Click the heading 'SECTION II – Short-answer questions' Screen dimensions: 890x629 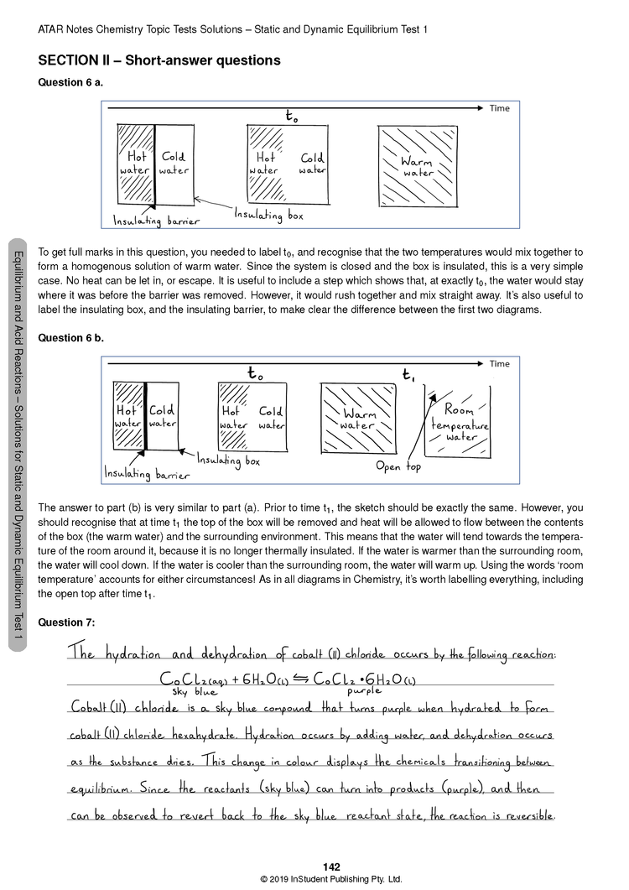(159, 60)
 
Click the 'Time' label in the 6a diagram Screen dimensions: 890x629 (500, 108)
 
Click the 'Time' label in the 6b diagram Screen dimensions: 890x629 (500, 363)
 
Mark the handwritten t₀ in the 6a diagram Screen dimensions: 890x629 (291, 117)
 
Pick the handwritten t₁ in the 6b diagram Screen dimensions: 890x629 (408, 374)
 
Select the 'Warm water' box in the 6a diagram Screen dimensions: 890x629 (417, 166)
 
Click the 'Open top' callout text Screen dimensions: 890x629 (398, 466)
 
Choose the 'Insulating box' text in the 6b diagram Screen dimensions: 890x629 (229, 461)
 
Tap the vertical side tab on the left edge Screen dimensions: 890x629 (17, 444)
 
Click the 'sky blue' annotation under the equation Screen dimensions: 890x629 (191, 691)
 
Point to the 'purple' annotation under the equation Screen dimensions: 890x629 (364, 691)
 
